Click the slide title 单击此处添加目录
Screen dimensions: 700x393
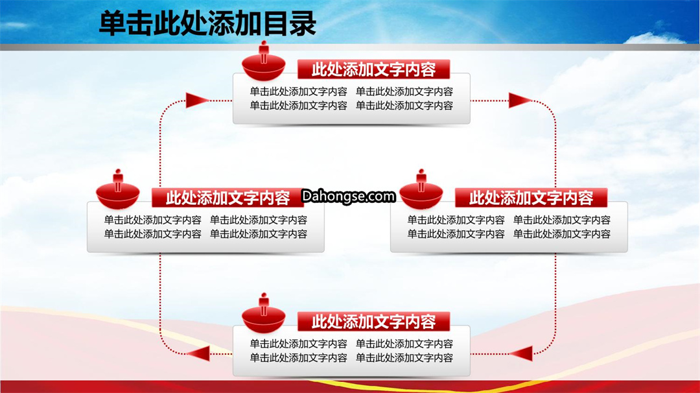coord(207,23)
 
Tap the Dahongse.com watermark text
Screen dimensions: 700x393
coord(348,196)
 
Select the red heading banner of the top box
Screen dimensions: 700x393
coord(374,69)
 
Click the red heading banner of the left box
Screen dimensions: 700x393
coord(227,197)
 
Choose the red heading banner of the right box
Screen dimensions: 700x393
coord(531,197)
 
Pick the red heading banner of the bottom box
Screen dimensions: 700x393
coord(374,322)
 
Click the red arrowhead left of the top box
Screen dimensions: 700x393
coord(197,101)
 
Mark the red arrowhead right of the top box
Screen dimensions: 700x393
coord(520,101)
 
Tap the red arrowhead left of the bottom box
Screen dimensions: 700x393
coord(199,353)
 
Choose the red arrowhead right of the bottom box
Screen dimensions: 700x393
coord(521,353)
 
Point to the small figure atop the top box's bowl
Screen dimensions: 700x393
coord(264,52)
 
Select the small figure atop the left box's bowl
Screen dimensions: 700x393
coord(118,180)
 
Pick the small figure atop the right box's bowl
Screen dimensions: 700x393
coord(421,180)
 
